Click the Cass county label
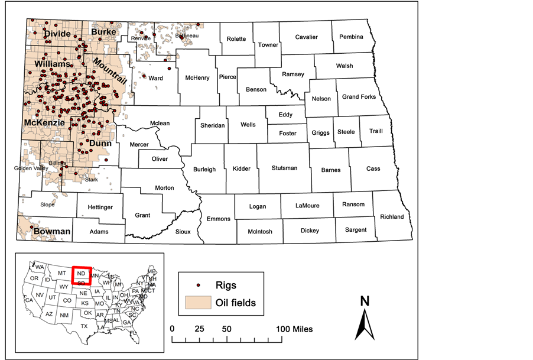(373, 168)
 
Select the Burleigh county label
(204, 169)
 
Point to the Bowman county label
(51, 231)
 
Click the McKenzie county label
(44, 122)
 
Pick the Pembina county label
(352, 37)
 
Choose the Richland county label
(392, 217)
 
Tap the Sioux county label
(183, 232)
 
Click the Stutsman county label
(284, 168)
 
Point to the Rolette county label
(236, 39)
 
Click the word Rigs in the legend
(226, 286)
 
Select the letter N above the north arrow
(365, 300)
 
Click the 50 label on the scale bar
(226, 329)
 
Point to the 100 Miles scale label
(294, 329)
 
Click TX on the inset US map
(84, 326)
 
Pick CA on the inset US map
(28, 300)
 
